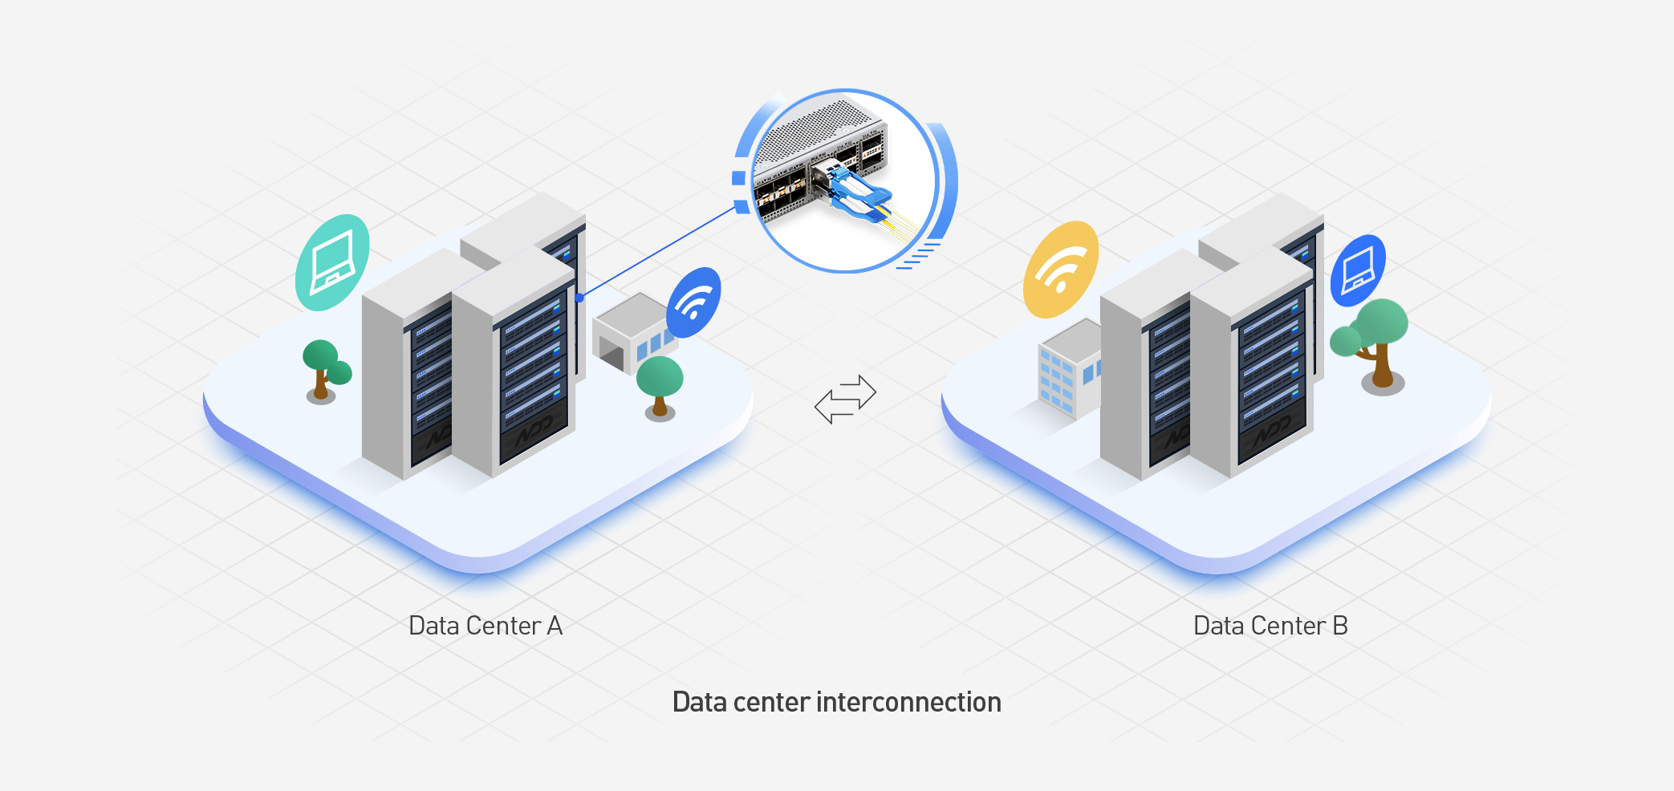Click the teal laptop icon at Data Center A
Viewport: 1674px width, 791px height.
point(332,262)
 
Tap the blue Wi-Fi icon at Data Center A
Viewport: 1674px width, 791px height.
point(694,302)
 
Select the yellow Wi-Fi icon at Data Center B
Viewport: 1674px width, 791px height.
point(1061,270)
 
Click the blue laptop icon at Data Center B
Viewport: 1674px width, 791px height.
point(1358,270)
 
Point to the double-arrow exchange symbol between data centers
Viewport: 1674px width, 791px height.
point(845,399)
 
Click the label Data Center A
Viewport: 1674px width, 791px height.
point(486,626)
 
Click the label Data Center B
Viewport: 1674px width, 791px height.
point(1270,626)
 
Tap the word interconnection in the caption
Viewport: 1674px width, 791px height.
point(908,702)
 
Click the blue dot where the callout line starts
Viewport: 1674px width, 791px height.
point(579,298)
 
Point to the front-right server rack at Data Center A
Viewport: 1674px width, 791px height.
point(514,362)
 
